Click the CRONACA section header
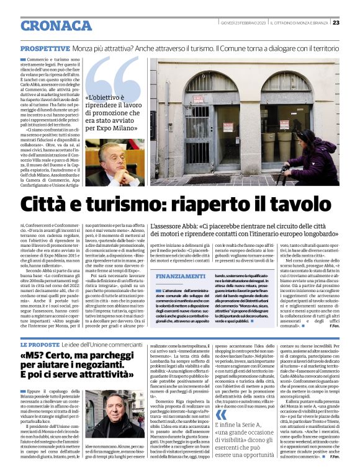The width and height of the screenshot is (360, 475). click(56, 26)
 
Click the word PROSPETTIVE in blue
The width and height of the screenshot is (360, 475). click(45, 48)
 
